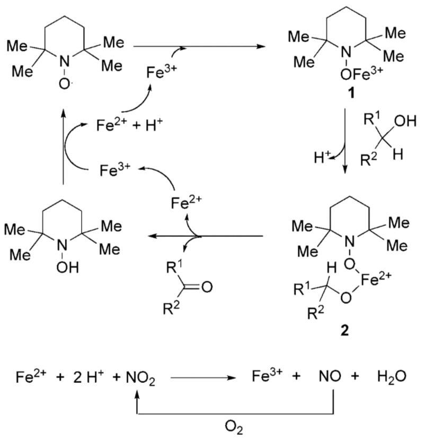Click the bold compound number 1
350,93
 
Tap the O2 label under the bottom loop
234,428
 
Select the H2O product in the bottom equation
392,376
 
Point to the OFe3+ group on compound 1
361,73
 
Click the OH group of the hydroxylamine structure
67,268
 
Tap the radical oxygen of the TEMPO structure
65,83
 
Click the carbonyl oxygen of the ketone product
207,287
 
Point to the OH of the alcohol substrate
405,121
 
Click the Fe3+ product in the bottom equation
267,376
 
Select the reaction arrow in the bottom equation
203,377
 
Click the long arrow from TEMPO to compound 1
199,46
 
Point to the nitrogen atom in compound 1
347,53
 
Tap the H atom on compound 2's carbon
331,268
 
